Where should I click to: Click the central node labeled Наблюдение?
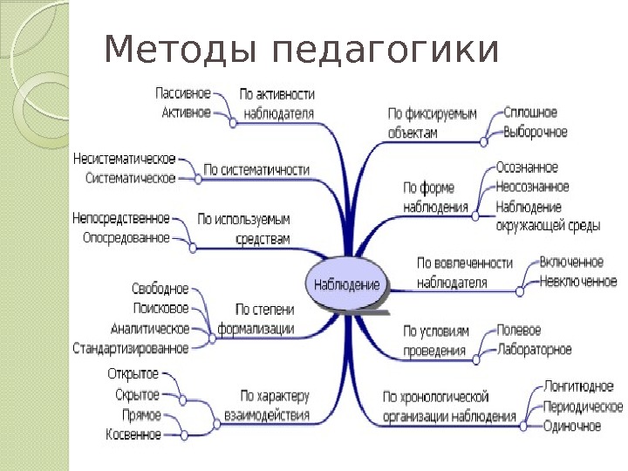click(347, 285)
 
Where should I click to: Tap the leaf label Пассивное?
click(183, 92)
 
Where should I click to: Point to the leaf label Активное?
click(187, 112)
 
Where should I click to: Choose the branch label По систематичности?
click(257, 169)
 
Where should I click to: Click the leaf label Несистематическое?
click(125, 160)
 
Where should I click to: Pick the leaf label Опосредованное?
click(126, 237)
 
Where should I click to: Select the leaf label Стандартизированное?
click(131, 348)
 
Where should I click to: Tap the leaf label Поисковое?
click(161, 308)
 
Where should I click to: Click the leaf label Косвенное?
click(133, 433)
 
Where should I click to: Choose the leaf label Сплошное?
click(530, 113)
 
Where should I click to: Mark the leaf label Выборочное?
click(536, 133)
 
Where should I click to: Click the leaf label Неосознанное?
click(532, 187)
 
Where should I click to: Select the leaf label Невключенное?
click(578, 281)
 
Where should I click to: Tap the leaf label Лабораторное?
click(534, 350)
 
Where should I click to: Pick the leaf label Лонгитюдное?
click(579, 386)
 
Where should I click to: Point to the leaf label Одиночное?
click(572, 426)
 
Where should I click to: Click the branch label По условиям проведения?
click(436, 341)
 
